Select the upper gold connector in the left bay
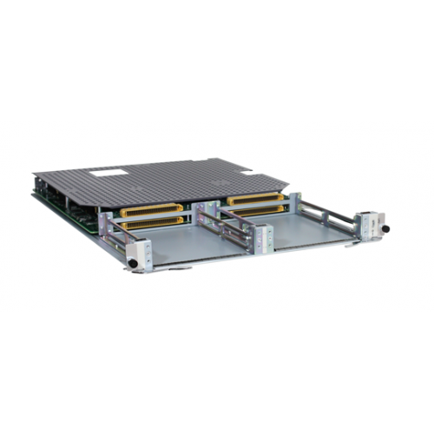(x=152, y=209)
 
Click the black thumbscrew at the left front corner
(x=132, y=262)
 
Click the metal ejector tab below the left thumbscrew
(x=143, y=269)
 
